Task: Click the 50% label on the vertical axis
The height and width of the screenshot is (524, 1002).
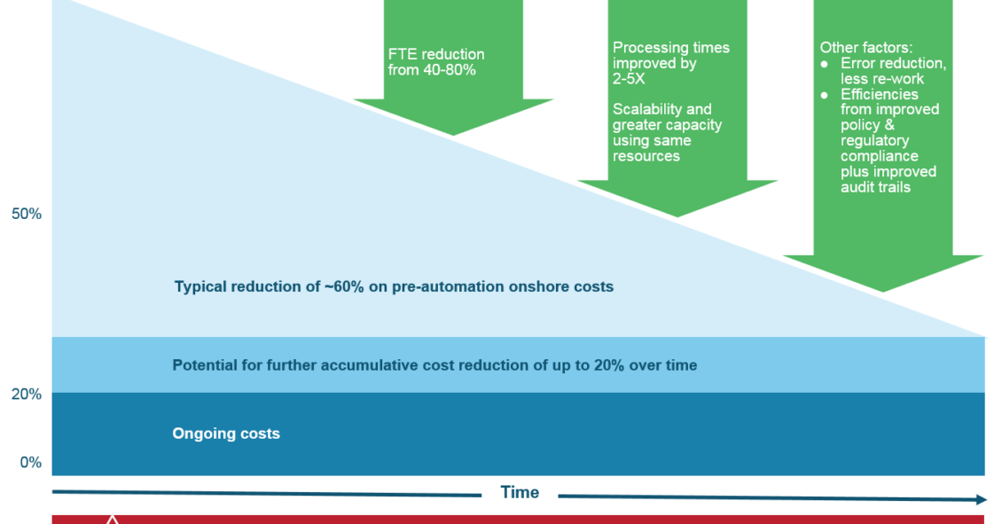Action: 27,214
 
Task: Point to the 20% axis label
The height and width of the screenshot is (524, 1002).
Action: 27,395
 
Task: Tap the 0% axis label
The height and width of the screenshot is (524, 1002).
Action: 31,462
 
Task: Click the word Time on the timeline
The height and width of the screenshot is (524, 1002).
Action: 520,492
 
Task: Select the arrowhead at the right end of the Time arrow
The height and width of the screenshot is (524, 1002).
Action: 982,499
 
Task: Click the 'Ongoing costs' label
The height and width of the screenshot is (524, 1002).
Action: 226,434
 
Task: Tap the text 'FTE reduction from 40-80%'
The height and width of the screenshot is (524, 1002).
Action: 435,62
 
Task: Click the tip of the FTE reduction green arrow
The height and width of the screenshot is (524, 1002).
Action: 453,135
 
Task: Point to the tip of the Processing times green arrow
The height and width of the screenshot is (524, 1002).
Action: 677,216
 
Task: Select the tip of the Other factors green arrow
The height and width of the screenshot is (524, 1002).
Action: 883,292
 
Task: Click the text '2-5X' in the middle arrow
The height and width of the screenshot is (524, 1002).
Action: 629,79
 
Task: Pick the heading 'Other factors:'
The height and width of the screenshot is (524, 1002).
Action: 865,47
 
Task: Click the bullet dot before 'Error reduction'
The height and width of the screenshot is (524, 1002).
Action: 825,64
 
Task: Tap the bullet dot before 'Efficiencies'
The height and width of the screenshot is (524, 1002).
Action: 825,95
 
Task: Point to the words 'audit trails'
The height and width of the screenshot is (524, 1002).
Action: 875,187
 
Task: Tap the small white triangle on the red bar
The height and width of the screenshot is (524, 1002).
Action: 113,520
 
